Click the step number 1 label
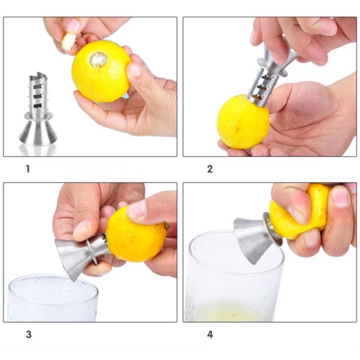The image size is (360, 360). (28, 169)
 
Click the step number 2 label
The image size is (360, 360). (210, 169)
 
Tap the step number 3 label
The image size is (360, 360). (28, 334)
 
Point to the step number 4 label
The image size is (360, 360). (210, 335)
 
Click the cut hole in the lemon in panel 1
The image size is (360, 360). (98, 59)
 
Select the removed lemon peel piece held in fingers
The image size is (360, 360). (68, 41)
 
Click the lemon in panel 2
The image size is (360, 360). (243, 122)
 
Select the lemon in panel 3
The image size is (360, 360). (137, 234)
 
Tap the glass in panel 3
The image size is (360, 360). (52, 298)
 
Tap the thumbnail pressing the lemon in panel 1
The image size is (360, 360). (135, 70)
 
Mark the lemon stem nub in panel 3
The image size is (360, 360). (166, 225)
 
